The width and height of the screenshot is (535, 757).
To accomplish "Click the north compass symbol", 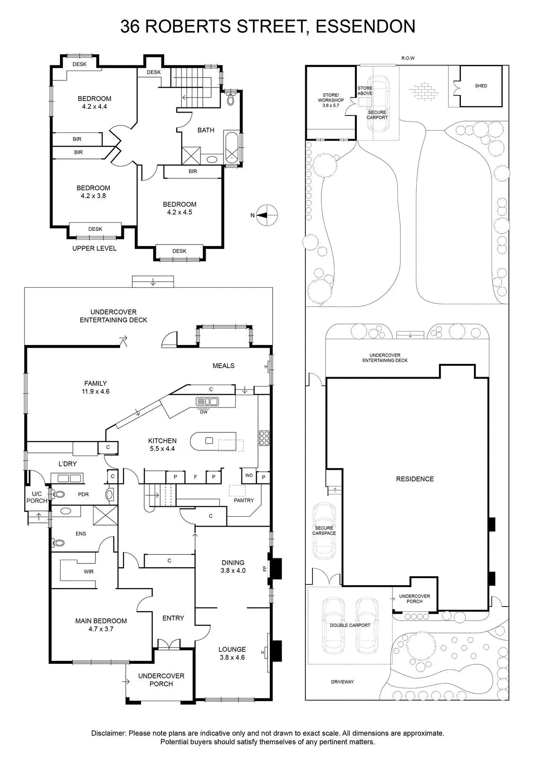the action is tap(267, 215).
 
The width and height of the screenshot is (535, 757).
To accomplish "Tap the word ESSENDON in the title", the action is tap(365, 26).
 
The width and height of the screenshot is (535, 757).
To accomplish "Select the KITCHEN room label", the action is tap(163, 440).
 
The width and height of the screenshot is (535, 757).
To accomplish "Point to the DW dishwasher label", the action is tap(204, 412).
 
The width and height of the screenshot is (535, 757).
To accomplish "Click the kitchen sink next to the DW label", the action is tap(207, 402).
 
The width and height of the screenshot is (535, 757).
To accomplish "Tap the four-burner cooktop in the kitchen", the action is tap(264, 438).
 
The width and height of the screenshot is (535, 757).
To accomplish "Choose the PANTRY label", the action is tap(244, 500).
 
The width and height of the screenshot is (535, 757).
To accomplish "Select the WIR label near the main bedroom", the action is tap(88, 572).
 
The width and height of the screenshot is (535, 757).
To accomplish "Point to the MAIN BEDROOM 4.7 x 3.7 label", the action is tap(101, 625).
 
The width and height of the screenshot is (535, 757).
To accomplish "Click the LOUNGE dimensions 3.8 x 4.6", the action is tap(232, 657).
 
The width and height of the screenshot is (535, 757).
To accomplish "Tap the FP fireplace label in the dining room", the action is tap(265, 568).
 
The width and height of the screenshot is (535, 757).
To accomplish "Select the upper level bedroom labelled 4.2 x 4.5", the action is tap(180, 208).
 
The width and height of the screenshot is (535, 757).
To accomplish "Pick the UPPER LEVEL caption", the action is tap(95, 248).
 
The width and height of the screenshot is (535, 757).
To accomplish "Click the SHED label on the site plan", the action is tap(481, 86).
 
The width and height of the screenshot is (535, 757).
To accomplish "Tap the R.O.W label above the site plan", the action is tap(408, 58).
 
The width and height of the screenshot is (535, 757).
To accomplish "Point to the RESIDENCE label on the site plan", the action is tap(415, 479).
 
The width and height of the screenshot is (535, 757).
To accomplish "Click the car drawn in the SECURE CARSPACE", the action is tap(324, 530).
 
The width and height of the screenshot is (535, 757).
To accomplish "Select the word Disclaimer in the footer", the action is tap(108, 733).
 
